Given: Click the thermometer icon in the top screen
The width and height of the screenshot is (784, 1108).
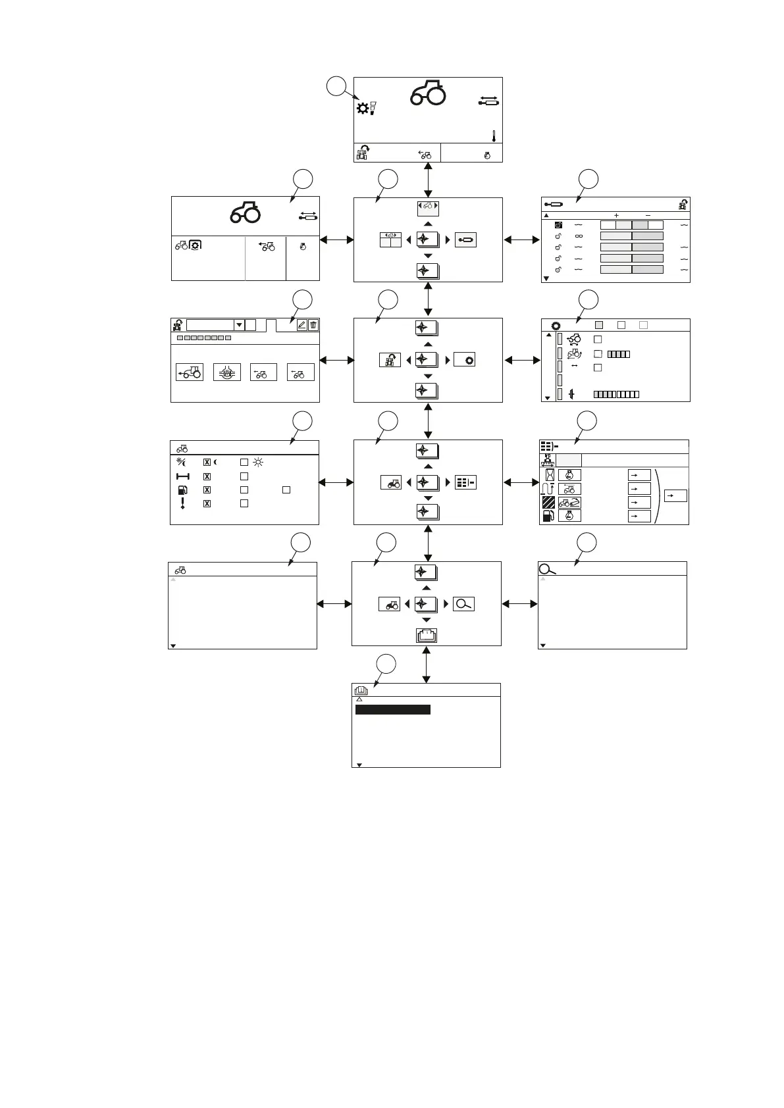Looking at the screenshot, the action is tap(493, 136).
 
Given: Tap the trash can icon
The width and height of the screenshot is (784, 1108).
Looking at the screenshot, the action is tap(313, 324).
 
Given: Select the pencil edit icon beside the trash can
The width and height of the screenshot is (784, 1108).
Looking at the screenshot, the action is tap(301, 324).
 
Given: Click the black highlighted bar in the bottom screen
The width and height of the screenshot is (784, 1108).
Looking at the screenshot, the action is tap(392, 709).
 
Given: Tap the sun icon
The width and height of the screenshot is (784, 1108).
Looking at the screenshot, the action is tap(258, 463).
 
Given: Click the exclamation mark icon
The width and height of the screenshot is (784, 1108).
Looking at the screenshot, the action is tap(182, 503).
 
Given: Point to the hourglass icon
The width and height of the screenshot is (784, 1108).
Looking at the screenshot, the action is tap(548, 474).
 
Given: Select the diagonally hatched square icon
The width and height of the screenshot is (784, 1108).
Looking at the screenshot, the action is tap(548, 503).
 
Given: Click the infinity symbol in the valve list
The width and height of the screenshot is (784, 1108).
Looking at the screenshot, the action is tap(579, 236).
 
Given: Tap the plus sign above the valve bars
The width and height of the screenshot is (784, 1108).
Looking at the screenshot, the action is tap(616, 215).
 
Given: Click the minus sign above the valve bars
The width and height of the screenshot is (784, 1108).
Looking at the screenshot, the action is tap(648, 215).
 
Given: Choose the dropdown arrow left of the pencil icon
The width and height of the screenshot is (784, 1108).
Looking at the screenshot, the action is tap(239, 325).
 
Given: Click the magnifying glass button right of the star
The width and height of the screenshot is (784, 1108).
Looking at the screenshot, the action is tap(464, 604).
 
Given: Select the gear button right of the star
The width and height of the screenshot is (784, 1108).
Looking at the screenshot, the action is tap(465, 360).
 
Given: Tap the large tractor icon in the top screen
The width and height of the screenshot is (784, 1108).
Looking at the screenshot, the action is tap(429, 93).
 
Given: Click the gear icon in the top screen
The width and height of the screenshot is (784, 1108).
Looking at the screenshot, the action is tap(362, 109).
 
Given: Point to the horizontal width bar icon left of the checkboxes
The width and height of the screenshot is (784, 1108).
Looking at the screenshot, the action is tap(182, 476).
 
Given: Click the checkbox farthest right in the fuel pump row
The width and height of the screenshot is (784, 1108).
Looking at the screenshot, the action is tap(286, 490).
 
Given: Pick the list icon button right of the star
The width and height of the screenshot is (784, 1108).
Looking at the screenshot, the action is tap(465, 482).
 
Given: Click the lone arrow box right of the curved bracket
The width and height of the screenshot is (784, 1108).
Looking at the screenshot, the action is tap(675, 495).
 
